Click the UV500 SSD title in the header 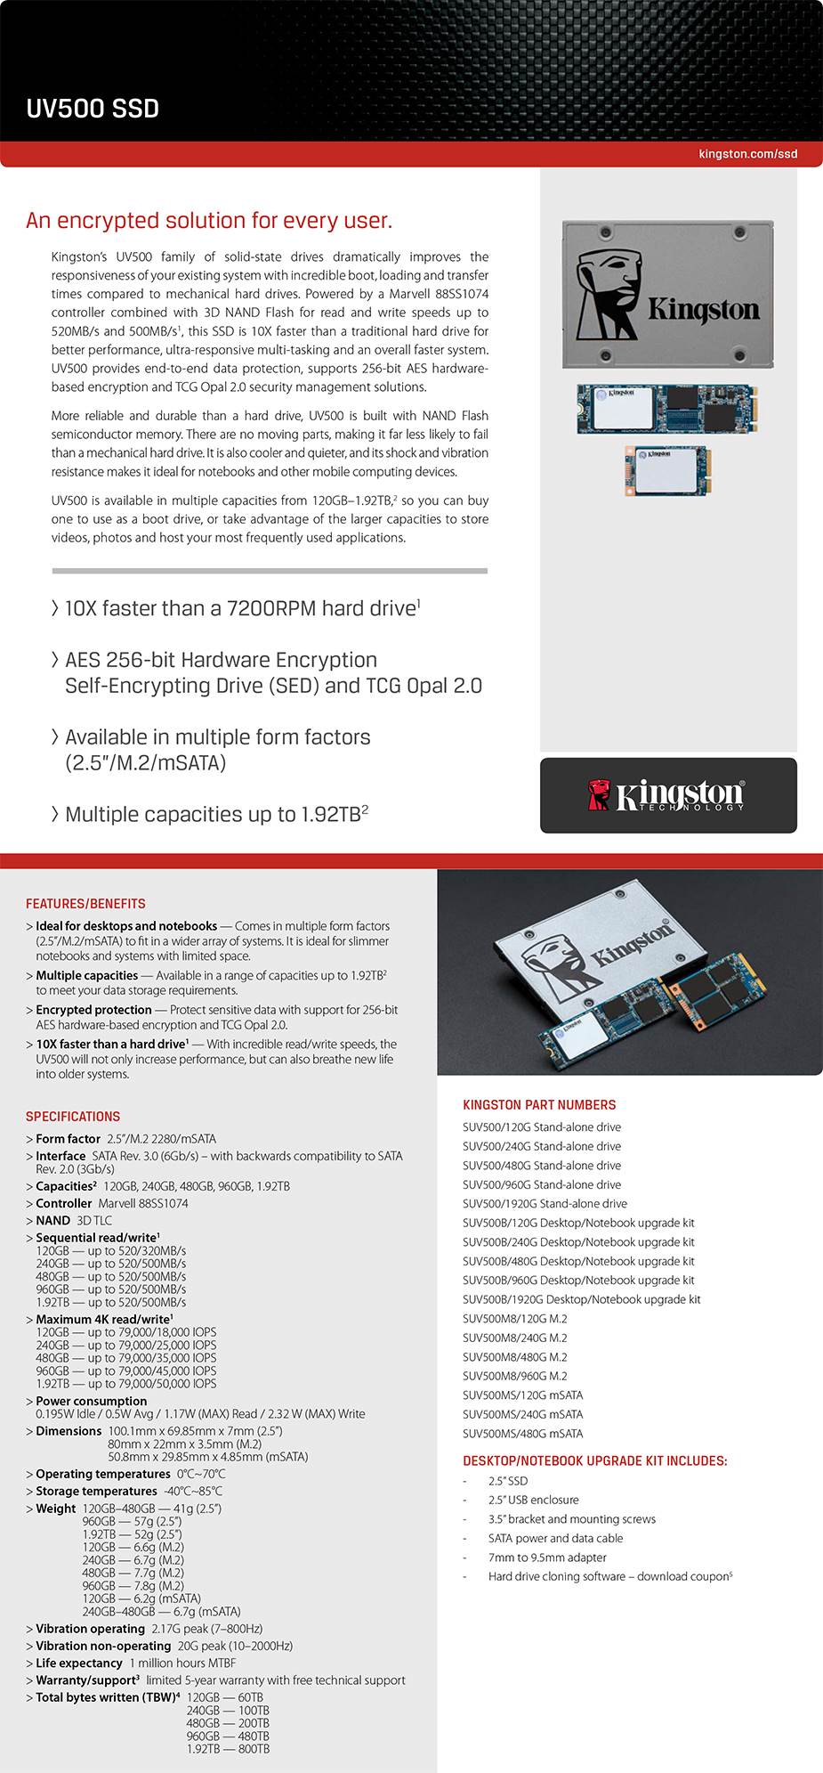[93, 109]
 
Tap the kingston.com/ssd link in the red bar [747, 154]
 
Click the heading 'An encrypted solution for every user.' [209, 221]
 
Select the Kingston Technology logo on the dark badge [667, 795]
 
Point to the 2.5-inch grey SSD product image [667, 293]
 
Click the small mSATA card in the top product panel [666, 469]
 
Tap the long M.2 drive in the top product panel [667, 409]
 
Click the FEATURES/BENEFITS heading [85, 904]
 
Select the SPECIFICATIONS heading [73, 1117]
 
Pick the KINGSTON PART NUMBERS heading [539, 1105]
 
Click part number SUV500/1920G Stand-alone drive [545, 1204]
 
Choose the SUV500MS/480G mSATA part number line [522, 1434]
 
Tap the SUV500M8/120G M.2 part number [514, 1319]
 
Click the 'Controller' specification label [63, 1204]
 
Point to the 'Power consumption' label [91, 1401]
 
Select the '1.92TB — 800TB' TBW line [228, 1749]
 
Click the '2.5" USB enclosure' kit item [533, 1501]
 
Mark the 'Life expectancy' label [78, 1663]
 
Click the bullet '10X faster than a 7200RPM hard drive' [240, 609]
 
